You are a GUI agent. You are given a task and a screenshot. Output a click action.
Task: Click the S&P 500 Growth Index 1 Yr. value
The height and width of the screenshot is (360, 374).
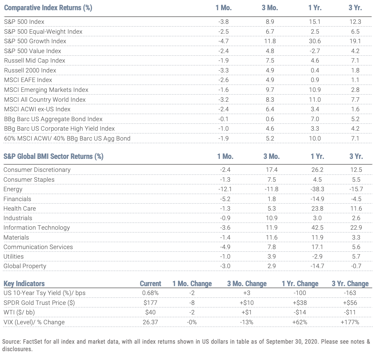(315, 41)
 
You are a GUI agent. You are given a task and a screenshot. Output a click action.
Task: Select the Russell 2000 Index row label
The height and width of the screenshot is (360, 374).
(30, 70)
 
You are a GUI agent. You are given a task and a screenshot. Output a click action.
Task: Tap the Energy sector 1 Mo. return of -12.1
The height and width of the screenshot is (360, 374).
(225, 189)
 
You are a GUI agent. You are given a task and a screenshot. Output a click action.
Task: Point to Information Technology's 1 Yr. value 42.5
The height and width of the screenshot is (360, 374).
(317, 228)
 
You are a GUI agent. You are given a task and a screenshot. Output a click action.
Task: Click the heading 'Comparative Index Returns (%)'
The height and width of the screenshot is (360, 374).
(48, 7)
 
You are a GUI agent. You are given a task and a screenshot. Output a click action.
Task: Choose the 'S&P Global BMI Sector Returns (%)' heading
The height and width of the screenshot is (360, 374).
(53, 156)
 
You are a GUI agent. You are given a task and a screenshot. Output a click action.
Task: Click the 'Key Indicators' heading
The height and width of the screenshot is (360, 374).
(24, 283)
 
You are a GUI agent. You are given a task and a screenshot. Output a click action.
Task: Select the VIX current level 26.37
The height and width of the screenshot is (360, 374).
(150, 322)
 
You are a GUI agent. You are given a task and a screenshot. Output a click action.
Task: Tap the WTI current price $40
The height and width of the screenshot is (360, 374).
(150, 312)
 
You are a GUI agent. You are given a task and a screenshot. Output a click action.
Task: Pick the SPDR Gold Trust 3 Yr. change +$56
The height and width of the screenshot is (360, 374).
(350, 302)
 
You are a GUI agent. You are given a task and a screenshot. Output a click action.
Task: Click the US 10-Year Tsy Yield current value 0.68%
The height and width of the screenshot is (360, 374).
(150, 293)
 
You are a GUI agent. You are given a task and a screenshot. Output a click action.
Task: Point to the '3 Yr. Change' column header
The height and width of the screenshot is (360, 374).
(350, 283)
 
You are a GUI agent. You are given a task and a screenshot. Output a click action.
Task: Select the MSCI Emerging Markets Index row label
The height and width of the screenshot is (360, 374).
(46, 90)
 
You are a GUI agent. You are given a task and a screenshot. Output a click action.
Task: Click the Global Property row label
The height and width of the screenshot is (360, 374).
(25, 266)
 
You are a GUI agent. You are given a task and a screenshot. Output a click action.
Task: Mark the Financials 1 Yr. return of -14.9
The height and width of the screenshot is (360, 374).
(317, 199)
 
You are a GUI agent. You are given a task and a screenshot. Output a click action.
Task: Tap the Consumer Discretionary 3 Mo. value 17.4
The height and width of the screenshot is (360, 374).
(272, 170)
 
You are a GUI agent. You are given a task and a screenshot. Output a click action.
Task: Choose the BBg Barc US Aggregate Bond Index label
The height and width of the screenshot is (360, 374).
(53, 119)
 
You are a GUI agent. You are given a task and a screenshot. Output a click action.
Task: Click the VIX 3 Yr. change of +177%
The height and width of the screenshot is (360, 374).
(350, 322)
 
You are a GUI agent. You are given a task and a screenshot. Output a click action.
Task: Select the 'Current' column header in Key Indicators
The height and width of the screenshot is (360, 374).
(150, 283)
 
